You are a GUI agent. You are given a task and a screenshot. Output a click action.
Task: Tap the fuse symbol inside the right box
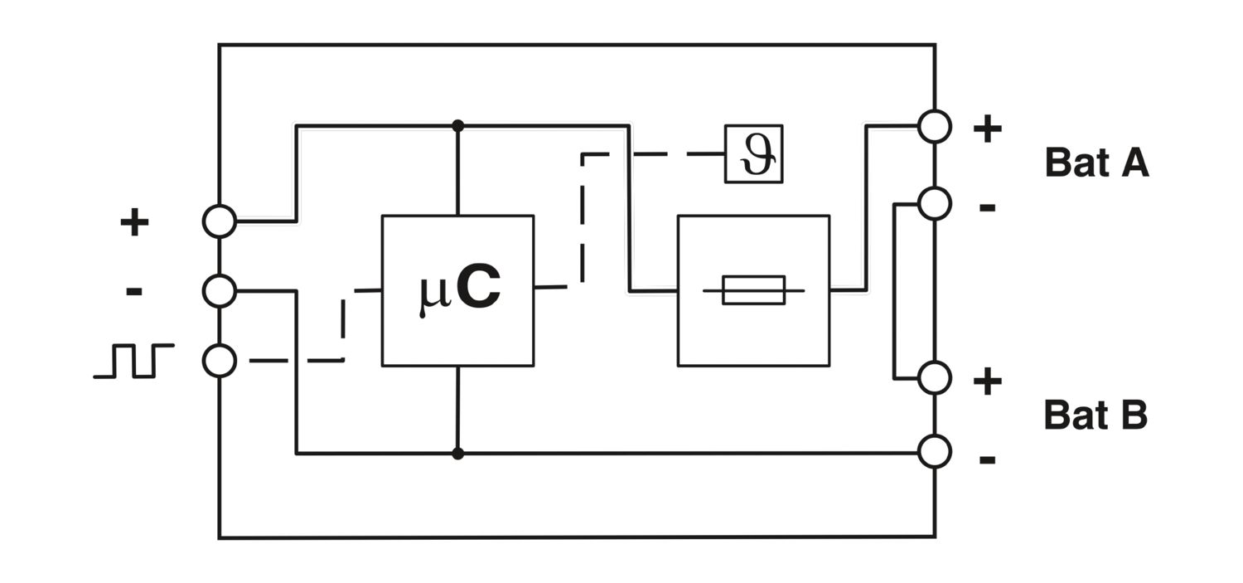pos(753,290)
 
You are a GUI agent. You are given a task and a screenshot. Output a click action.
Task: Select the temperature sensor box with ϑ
pos(753,153)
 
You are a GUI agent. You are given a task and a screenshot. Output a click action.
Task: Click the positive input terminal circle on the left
pos(220,221)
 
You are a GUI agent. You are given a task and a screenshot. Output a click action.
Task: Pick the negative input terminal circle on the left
pos(220,290)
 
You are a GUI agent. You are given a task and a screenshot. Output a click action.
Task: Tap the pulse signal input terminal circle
pos(220,361)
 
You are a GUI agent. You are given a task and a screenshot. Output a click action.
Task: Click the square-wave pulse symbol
pos(133,361)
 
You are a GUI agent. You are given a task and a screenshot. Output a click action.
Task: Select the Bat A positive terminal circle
pos(935,127)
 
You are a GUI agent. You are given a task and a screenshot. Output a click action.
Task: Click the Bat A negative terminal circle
pos(935,203)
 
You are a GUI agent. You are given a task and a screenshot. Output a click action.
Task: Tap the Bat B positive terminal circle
pos(935,378)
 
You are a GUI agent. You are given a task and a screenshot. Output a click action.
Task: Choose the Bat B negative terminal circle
pos(935,452)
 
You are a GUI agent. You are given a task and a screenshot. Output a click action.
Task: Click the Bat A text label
pos(1096,163)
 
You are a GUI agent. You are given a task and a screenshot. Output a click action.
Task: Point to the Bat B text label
pos(1095,415)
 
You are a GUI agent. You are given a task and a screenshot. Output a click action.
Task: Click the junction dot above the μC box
pos(457,125)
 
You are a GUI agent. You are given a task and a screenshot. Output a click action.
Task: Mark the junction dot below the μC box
pos(457,454)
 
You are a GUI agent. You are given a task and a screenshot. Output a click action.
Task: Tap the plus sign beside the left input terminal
pos(134,222)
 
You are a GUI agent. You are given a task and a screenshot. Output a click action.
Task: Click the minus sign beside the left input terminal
pos(134,291)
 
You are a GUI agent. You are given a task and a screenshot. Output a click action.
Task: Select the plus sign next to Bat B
pos(987,381)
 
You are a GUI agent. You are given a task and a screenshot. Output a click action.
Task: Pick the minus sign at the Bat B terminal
pos(987,459)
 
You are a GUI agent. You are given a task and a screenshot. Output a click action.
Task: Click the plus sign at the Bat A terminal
pos(987,129)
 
